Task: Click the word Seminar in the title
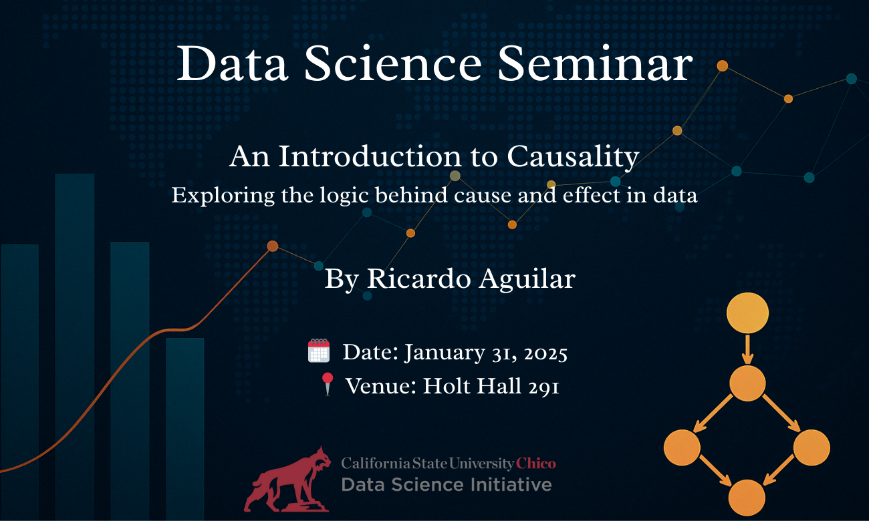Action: [x=595, y=63]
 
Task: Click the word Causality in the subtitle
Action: [x=573, y=156]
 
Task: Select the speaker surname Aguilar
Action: [x=527, y=279]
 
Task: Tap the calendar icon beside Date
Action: [x=319, y=351]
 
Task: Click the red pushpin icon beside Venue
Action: [x=328, y=384]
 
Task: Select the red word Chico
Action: [x=535, y=464]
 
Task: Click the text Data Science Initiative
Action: [x=447, y=485]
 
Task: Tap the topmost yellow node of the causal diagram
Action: [x=747, y=313]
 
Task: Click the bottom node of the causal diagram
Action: [x=747, y=498]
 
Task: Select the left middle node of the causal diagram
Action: [x=682, y=448]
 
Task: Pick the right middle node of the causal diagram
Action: [x=812, y=448]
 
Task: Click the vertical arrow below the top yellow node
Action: [x=747, y=349]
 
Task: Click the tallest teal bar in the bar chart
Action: [x=75, y=347]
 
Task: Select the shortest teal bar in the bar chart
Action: [x=185, y=429]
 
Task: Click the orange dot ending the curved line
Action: [x=273, y=246]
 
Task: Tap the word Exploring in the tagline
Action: [x=223, y=195]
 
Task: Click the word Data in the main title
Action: [x=232, y=63]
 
